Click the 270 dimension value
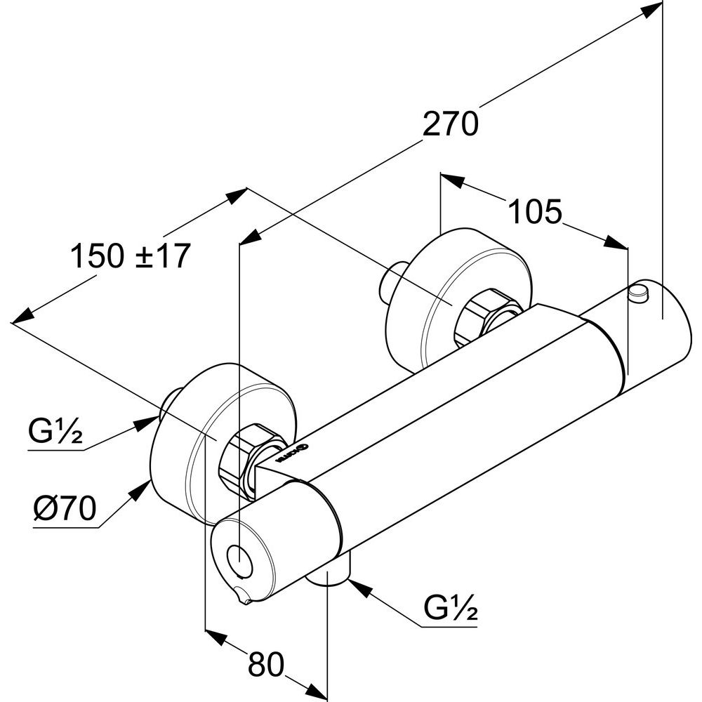[x=450, y=124]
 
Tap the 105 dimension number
[x=535, y=211]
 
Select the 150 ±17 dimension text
[x=130, y=256]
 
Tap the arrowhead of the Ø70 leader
[x=144, y=487]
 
